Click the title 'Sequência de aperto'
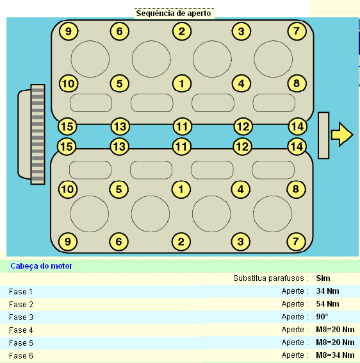(174, 13)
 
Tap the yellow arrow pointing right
(342, 134)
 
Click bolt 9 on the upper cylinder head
(69, 31)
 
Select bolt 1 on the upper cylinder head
(182, 83)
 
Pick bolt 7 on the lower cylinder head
(296, 242)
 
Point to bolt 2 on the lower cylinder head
(181, 242)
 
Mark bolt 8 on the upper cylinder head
(297, 83)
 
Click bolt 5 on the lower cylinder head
(119, 189)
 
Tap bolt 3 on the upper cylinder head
(241, 31)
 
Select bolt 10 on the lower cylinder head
(68, 189)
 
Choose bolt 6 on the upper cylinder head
(120, 31)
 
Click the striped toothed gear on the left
(38, 134)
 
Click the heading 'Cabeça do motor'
(42, 266)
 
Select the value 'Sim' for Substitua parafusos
(323, 278)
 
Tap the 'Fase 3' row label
(21, 317)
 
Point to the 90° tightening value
(322, 316)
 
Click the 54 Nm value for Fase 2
(327, 304)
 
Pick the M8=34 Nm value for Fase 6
(335, 355)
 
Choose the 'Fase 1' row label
(20, 292)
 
